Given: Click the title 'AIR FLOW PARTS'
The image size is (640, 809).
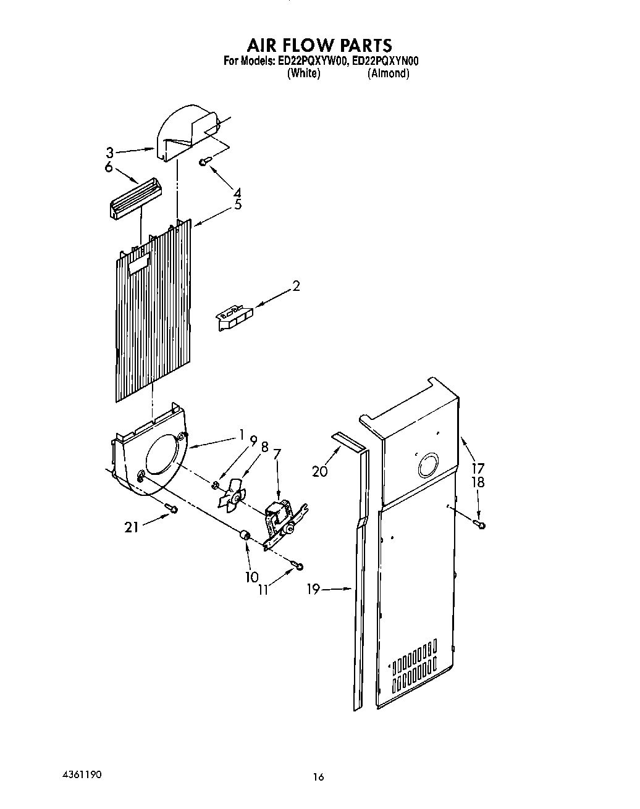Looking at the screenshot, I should (319, 45).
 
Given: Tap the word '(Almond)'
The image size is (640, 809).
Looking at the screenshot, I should (388, 73).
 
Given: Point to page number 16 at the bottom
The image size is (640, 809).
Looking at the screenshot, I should (318, 778).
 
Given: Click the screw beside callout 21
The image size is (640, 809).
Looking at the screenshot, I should (171, 508).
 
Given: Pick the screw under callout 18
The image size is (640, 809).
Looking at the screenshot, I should (479, 524).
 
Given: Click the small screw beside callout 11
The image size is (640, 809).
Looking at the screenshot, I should (298, 566).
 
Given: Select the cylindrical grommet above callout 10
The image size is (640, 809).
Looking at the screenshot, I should (245, 535).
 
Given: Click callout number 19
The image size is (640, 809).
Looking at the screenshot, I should (313, 589).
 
